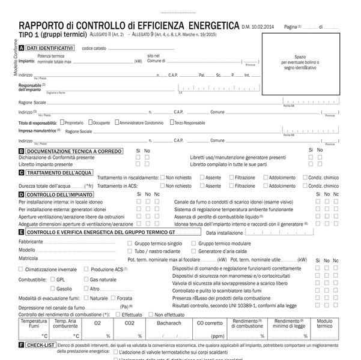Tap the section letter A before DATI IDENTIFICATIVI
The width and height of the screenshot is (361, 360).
click(x=22, y=47)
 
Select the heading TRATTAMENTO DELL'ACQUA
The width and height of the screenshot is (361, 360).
click(x=58, y=172)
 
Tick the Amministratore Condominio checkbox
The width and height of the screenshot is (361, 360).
click(x=117, y=122)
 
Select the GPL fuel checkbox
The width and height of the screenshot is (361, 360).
click(x=53, y=279)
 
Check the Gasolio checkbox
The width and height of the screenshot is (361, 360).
click(x=53, y=289)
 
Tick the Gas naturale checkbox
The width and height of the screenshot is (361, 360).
click(x=86, y=279)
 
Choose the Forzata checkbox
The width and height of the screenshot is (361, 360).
click(x=114, y=298)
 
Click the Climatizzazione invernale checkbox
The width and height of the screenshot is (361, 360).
click(x=21, y=269)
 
